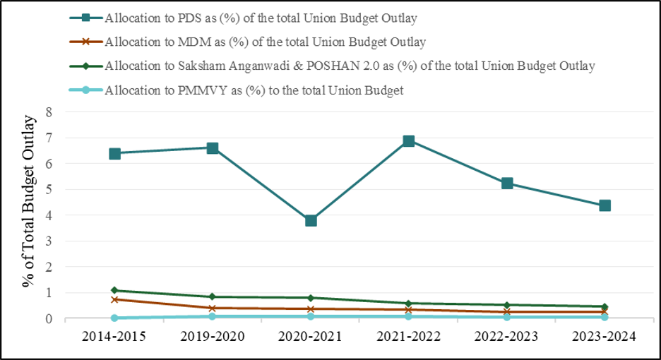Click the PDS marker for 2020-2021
311,221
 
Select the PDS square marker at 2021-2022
409,141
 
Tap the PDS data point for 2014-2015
114,154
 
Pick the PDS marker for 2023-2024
605,205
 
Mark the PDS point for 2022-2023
506,184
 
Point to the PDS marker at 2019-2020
213,148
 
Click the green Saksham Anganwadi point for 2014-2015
114,290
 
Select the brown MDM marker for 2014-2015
114,299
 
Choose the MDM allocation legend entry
264,42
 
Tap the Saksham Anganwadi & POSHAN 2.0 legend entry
350,66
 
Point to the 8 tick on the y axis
49,112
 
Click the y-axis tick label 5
49,190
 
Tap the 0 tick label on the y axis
49,319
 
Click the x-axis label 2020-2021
311,337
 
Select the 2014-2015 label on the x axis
114,337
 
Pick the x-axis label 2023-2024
605,337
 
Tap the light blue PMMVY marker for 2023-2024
605,318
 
